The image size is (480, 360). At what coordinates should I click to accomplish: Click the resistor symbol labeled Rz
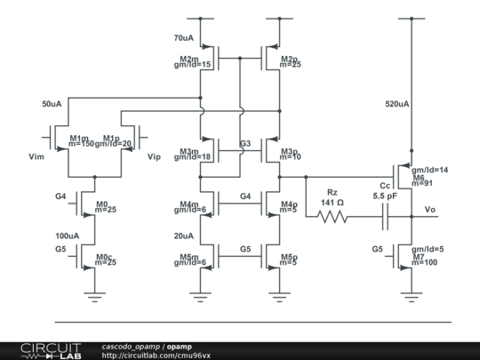(x=332, y=216)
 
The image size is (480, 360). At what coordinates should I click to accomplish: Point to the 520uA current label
(x=397, y=104)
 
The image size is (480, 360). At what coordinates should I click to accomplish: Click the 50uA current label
(x=52, y=104)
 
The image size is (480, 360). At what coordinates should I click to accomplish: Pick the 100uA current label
(x=67, y=236)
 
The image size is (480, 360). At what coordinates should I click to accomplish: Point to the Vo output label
(x=429, y=210)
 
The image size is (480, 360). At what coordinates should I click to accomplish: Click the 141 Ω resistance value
(x=332, y=202)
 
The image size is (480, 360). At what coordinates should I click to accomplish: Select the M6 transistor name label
(x=418, y=177)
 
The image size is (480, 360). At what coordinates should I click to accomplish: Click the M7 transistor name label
(x=418, y=255)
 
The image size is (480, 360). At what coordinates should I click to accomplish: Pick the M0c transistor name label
(x=104, y=256)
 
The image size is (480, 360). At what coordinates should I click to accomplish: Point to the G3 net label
(x=245, y=143)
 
